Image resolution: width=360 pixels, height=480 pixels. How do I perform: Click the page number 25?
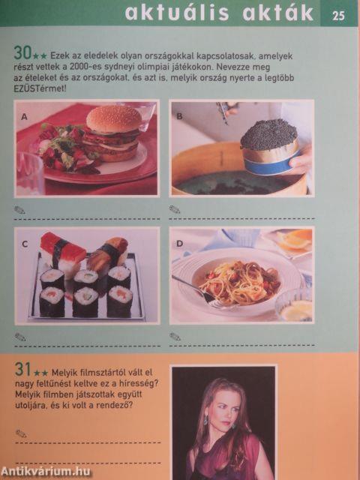tap(338, 14)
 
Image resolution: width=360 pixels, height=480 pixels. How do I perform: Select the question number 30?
tap(22, 53)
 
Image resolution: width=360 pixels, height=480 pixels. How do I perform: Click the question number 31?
tap(22, 369)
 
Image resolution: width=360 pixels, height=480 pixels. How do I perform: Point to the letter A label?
tap(24, 117)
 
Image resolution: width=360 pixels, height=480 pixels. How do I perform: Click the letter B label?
tap(179, 116)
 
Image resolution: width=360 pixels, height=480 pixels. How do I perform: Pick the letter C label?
tap(25, 244)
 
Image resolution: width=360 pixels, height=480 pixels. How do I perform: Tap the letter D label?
tap(179, 244)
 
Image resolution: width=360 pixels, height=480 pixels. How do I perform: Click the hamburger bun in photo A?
tap(113, 118)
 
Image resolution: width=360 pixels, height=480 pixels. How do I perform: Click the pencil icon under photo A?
tap(19, 210)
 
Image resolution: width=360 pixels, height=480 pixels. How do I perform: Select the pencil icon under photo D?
tap(175, 337)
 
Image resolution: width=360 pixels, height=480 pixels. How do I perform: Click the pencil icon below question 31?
tap(21, 433)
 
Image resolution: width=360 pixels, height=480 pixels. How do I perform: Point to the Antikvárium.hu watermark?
tap(46, 471)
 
